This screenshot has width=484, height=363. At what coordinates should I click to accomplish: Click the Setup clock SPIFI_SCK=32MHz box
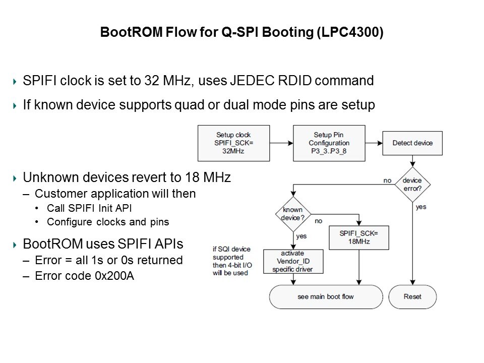pos(233,143)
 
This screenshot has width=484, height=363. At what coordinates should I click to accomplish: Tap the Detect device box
pos(412,143)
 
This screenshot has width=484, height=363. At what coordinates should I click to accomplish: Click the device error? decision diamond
pos(412,183)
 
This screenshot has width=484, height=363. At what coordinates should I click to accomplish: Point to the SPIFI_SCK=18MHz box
pos(358,238)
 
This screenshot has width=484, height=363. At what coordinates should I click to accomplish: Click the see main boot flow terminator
pos(326,296)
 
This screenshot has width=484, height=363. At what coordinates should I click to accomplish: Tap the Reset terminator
pos(412,296)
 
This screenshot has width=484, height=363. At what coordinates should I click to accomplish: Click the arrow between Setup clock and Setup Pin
pos(281,143)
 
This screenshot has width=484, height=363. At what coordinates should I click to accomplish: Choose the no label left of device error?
pos(387,180)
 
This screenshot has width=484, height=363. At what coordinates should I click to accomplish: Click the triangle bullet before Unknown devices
pos(15,178)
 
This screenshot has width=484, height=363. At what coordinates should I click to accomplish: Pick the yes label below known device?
pos(301,236)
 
